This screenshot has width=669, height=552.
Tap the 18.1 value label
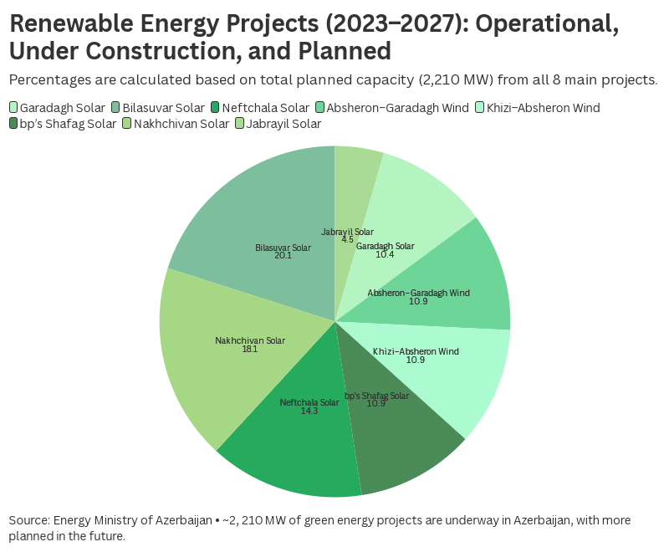(249, 349)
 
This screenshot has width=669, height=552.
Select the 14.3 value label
(309, 411)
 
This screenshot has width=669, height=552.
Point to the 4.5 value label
(347, 239)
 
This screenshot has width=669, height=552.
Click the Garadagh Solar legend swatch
(13, 108)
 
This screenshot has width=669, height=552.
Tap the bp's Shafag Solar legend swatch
(13, 124)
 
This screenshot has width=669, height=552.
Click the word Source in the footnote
(29, 520)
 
